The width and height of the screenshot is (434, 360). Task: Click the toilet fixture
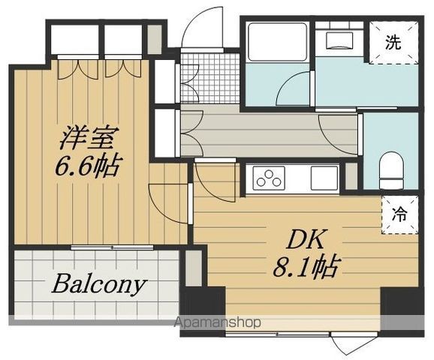391,169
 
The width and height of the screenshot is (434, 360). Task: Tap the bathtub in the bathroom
278,42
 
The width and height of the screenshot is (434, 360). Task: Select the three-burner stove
268,178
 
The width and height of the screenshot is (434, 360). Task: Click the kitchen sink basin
324,178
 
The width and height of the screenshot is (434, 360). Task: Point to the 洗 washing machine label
393,42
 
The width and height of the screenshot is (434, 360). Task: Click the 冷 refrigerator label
399,214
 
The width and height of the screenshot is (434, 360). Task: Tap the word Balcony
98,284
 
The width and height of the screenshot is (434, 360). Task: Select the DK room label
306,239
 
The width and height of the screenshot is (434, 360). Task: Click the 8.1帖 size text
306,267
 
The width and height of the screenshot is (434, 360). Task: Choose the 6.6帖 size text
88,166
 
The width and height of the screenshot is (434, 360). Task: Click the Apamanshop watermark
218,322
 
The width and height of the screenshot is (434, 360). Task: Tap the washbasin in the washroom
339,40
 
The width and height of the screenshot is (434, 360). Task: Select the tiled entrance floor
209,78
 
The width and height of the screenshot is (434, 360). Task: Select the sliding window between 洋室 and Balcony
112,247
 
